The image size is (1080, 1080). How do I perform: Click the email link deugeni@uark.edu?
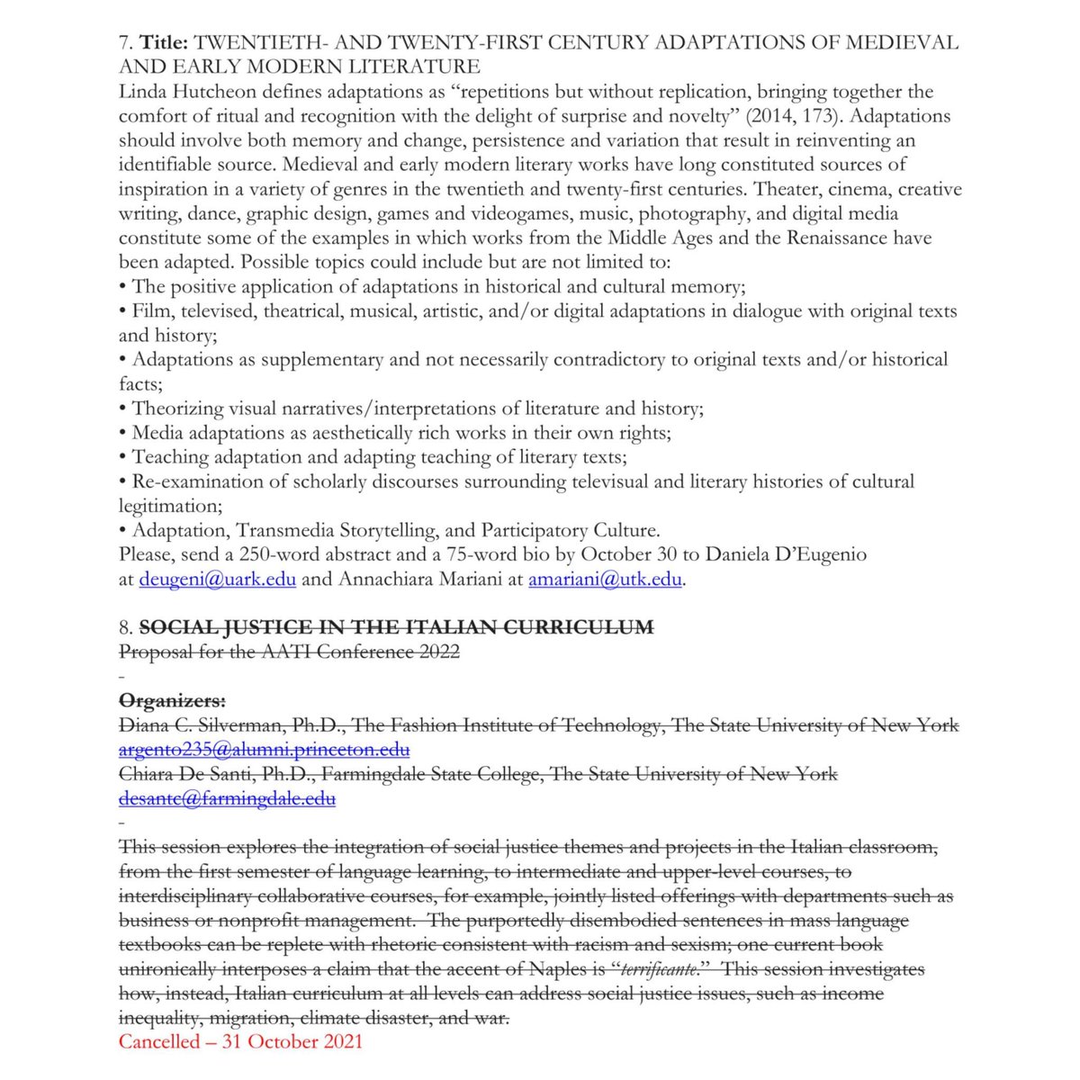217,580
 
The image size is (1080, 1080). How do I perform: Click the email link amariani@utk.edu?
605,580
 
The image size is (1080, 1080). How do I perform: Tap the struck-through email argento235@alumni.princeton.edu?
265,749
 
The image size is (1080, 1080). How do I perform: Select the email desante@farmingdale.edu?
227,797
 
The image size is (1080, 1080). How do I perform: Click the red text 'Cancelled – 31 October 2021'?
240,1041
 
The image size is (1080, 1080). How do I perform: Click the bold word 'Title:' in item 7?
163,42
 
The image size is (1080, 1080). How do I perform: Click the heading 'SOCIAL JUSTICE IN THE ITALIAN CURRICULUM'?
396,627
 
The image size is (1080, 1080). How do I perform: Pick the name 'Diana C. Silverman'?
192,724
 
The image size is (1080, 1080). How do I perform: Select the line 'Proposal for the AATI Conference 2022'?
289,652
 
